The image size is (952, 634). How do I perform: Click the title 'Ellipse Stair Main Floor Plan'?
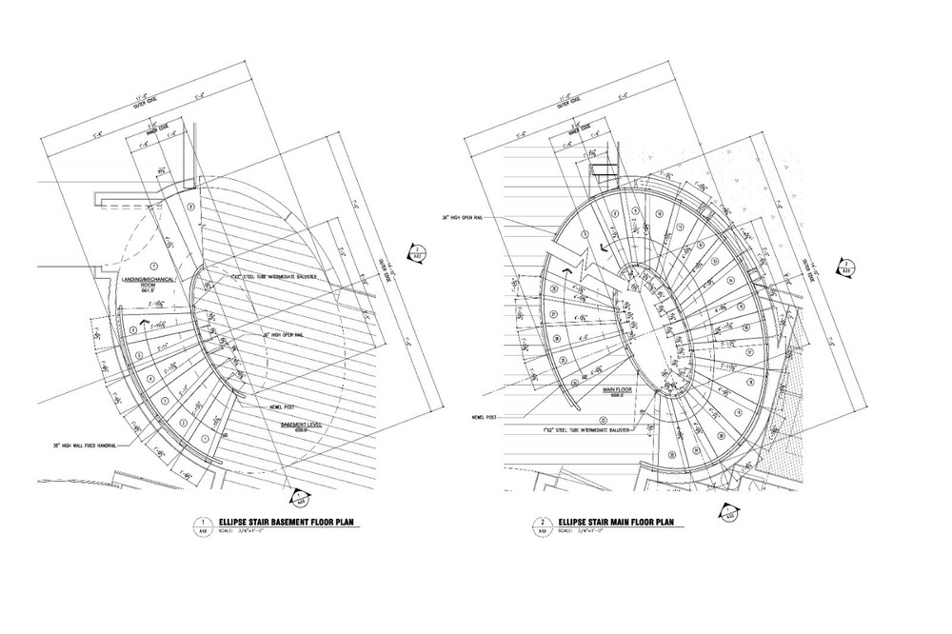(x=619, y=523)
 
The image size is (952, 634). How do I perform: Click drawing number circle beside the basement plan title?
(x=203, y=525)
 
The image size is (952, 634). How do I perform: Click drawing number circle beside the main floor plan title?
(x=542, y=525)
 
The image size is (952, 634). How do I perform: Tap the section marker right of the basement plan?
(x=417, y=253)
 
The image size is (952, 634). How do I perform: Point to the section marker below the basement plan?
(x=297, y=496)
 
